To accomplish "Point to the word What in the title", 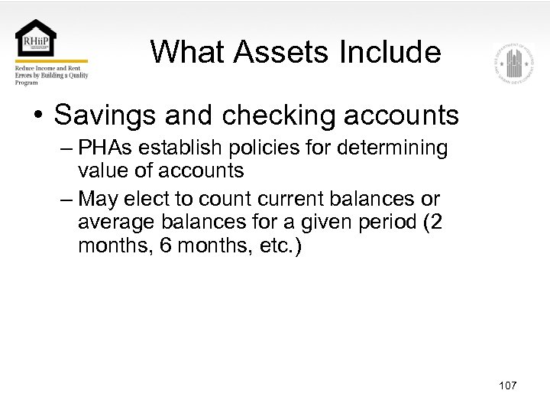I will point(188,52).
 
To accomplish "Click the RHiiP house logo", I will point(35,38).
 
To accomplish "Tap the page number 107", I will point(507,385).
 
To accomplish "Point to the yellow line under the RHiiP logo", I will point(51,61).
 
